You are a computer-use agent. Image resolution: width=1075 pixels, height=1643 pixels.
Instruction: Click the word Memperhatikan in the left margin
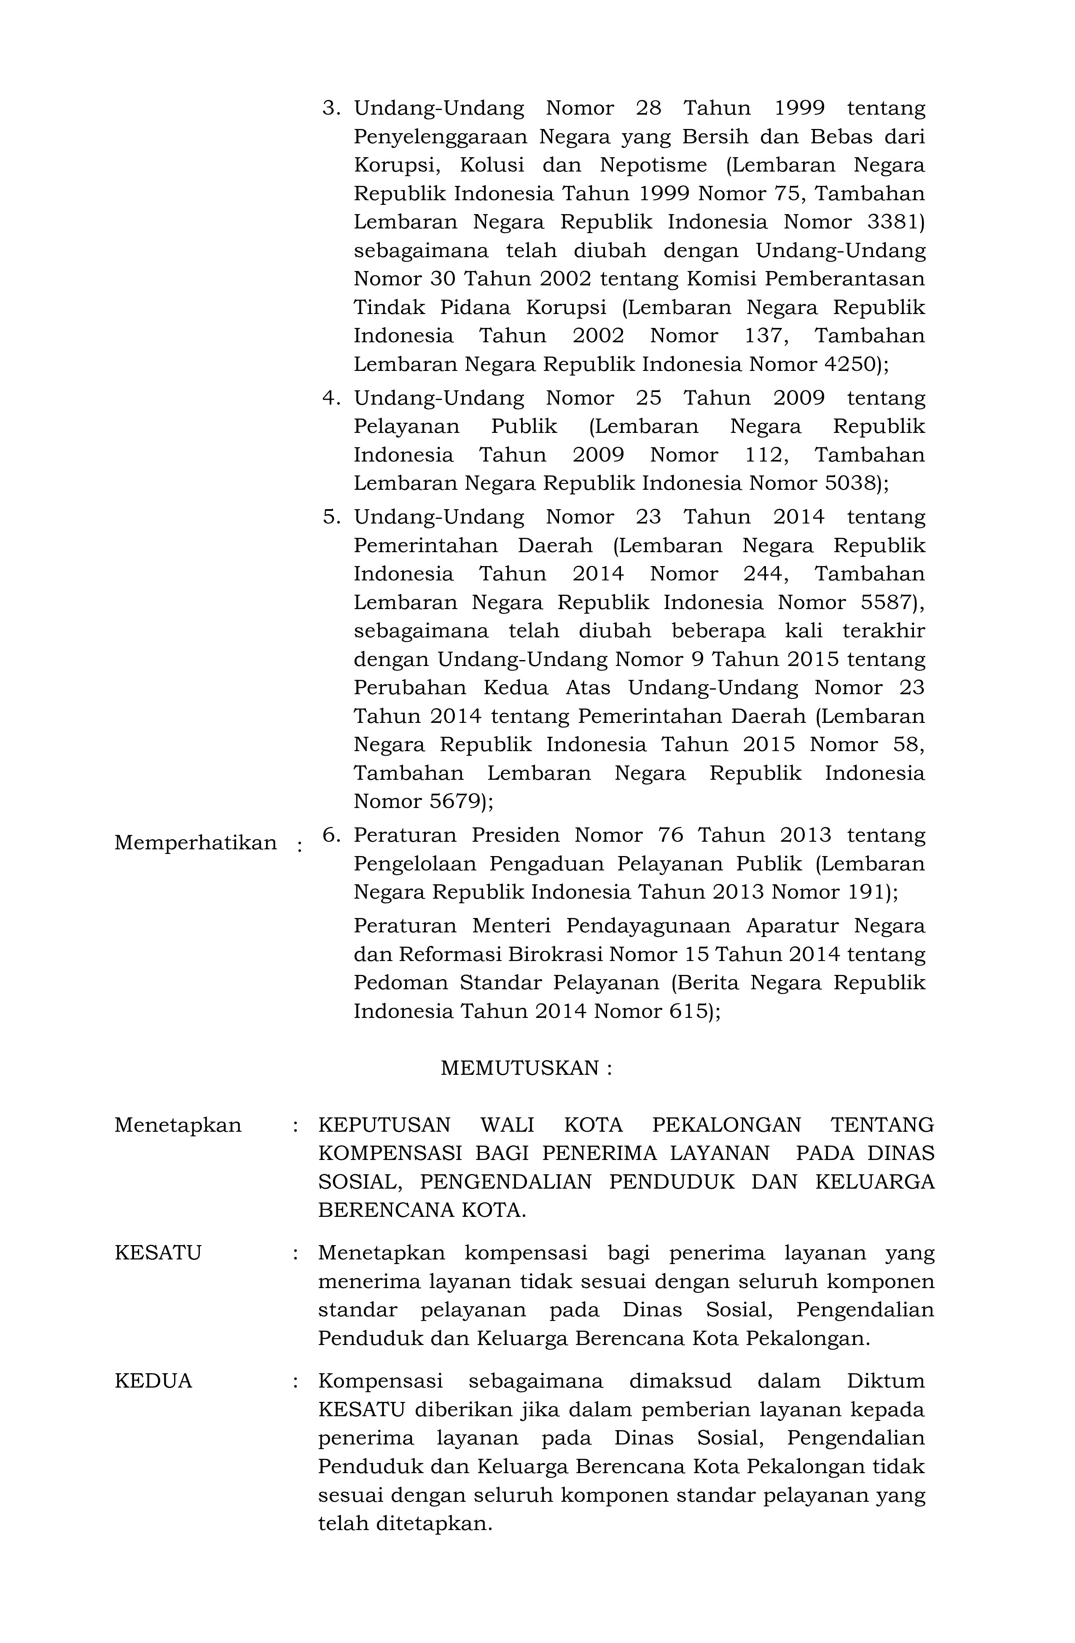click(195, 843)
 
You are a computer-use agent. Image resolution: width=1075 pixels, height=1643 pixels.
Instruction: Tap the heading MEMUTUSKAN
click(526, 1068)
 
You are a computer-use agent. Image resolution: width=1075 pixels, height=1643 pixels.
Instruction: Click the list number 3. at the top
click(332, 108)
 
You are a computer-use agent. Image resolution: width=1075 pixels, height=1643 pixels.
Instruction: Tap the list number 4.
click(332, 398)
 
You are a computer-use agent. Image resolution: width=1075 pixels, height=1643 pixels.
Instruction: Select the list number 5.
click(332, 517)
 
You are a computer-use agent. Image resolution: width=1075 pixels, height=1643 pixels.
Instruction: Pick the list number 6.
click(332, 835)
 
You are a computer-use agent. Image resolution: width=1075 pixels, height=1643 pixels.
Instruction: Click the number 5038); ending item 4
click(857, 483)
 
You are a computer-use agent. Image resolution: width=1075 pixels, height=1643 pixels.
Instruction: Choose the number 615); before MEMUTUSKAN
click(695, 1011)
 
